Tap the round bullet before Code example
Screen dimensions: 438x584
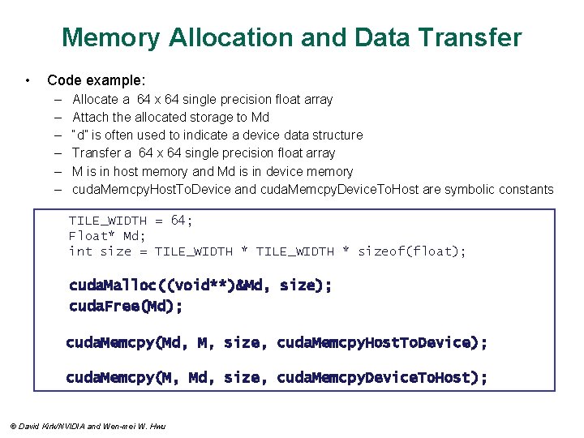tap(28, 80)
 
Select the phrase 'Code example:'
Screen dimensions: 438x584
tap(97, 80)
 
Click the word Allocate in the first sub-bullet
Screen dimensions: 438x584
tap(97, 99)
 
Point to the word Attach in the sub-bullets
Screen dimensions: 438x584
tap(90, 117)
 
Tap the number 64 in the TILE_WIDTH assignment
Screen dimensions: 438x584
tap(182, 220)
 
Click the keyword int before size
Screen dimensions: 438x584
tap(80, 251)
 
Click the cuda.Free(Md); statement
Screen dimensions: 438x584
tap(126, 307)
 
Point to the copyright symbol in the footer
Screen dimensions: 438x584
tap(11, 426)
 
